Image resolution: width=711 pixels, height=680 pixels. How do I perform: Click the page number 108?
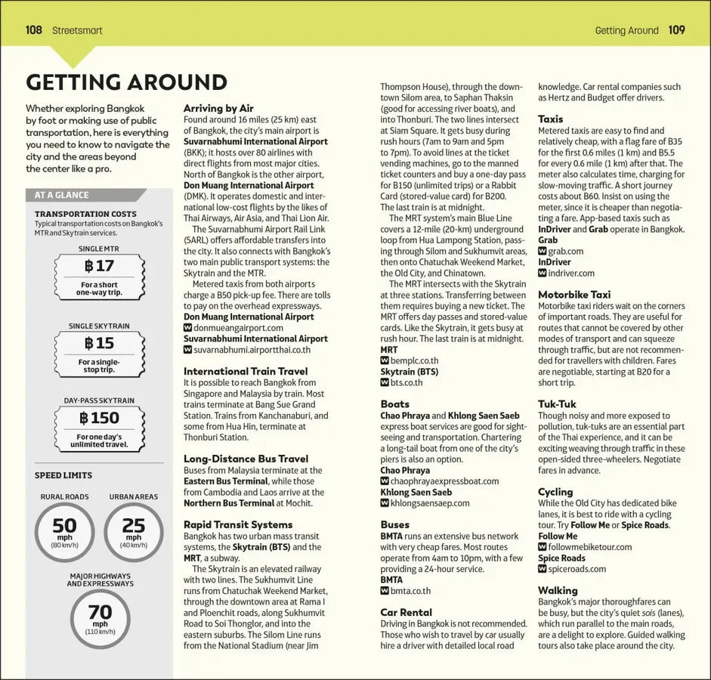[33, 30]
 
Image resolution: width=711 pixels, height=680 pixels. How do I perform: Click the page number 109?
[676, 30]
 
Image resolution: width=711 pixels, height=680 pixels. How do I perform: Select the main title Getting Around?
[126, 82]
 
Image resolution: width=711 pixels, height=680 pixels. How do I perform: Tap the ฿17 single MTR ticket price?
[99, 266]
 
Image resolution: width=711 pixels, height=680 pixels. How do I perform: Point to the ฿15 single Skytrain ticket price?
[99, 344]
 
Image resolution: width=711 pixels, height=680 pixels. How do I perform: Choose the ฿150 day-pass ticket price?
[99, 418]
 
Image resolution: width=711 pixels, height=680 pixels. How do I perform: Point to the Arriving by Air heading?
[218, 108]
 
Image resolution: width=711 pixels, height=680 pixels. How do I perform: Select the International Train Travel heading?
[246, 371]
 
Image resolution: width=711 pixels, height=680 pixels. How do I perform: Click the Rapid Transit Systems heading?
[238, 524]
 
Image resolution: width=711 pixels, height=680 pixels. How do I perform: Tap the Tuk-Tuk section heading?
[557, 404]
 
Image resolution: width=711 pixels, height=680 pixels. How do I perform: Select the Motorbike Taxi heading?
[574, 295]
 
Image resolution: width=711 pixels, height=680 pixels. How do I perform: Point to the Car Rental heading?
[406, 612]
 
